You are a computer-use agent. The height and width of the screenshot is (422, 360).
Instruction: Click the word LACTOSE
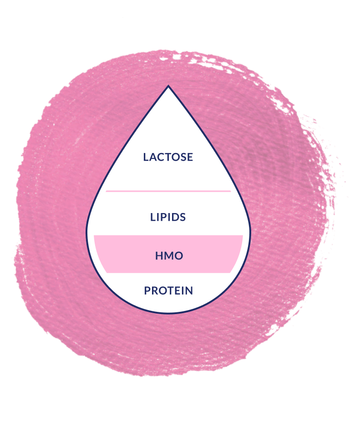pyautogui.click(x=168, y=157)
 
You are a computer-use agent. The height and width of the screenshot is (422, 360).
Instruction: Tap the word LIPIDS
pyautogui.click(x=168, y=217)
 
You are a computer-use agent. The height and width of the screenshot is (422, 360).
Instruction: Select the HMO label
pyautogui.click(x=169, y=256)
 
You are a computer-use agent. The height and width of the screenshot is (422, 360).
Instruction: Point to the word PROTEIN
pyautogui.click(x=168, y=290)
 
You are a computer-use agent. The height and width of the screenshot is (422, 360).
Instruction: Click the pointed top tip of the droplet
pyautogui.click(x=168, y=87)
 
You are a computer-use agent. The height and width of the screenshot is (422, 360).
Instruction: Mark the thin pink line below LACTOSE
pyautogui.click(x=168, y=191)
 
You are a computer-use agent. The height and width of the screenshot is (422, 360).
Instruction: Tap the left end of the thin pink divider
pyautogui.click(x=107, y=191)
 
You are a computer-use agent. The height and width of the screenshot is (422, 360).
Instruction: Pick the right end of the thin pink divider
pyautogui.click(x=230, y=191)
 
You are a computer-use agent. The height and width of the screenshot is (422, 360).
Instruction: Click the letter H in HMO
pyautogui.click(x=159, y=256)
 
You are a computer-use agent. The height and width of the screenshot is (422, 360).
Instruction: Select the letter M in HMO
pyautogui.click(x=168, y=256)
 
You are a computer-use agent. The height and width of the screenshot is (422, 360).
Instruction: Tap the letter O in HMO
pyautogui.click(x=178, y=256)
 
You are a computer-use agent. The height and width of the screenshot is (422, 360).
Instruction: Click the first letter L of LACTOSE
pyautogui.click(x=146, y=157)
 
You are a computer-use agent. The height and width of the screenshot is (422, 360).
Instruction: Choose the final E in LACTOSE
pyautogui.click(x=190, y=157)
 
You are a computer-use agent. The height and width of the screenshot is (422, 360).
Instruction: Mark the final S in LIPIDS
pyautogui.click(x=183, y=217)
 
